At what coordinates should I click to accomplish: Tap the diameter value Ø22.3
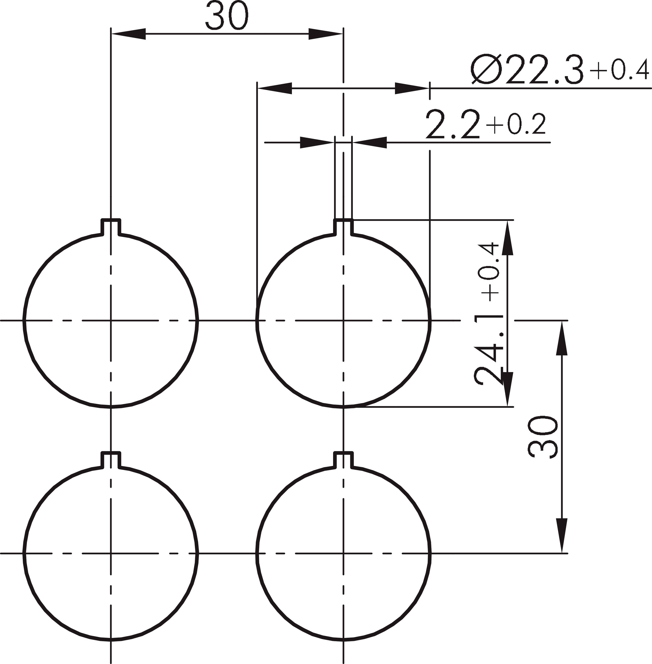coord(527,70)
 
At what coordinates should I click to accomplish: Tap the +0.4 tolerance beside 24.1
coord(489,272)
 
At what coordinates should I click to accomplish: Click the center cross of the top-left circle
coord(111,320)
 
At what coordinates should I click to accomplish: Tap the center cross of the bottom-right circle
coord(343,553)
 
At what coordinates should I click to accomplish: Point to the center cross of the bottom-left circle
coord(111,553)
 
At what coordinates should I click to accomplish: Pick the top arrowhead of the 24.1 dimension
coord(507,238)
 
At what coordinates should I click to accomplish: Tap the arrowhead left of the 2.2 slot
coord(317,143)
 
